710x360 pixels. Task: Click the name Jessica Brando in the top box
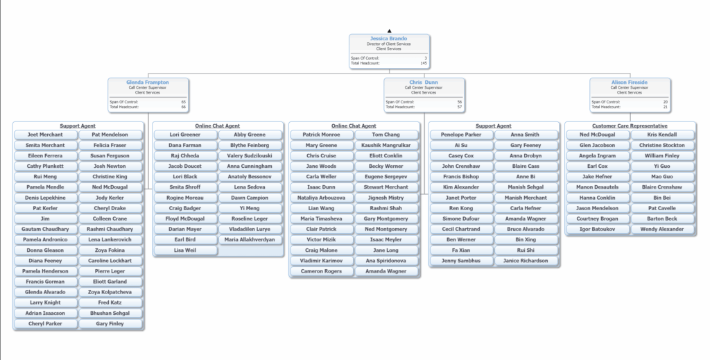coord(389,39)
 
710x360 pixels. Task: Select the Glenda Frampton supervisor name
coord(147,83)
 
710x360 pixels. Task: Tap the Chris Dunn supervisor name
coord(424,83)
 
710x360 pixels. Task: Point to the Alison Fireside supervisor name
coord(630,83)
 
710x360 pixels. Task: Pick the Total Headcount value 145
coord(424,63)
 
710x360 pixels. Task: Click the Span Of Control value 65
coord(183,102)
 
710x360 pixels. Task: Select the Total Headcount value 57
coord(460,107)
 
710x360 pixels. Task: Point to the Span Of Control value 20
coord(666,102)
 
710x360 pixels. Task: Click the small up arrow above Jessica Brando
coord(389,31)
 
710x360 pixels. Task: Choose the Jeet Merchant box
coord(45,135)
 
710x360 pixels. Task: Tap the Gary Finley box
coord(110,324)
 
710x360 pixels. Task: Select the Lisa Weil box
coord(185,250)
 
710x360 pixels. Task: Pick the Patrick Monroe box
coord(321,135)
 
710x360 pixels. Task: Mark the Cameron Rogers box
coord(321,271)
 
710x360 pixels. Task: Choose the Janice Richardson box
coord(526,261)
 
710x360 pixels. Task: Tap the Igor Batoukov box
coord(597,230)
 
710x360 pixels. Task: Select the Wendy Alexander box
coord(661,230)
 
